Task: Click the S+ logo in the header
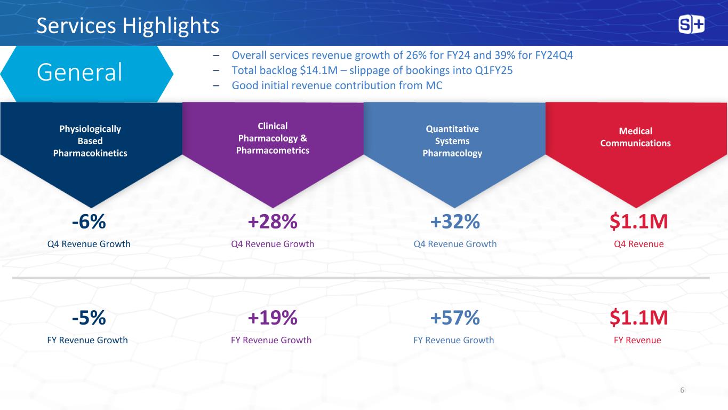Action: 691,25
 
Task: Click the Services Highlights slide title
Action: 127,26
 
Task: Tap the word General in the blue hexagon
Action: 79,73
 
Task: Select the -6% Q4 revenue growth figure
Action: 89,222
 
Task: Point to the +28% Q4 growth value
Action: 273,222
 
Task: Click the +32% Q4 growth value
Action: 455,222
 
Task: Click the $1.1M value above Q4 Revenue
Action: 638,222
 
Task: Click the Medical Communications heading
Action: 635,137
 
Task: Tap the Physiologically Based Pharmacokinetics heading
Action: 90,141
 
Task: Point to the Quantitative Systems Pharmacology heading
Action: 452,141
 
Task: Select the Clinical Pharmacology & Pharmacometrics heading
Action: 273,138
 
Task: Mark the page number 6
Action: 682,390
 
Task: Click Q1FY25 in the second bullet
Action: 490,70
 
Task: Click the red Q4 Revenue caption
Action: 638,244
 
